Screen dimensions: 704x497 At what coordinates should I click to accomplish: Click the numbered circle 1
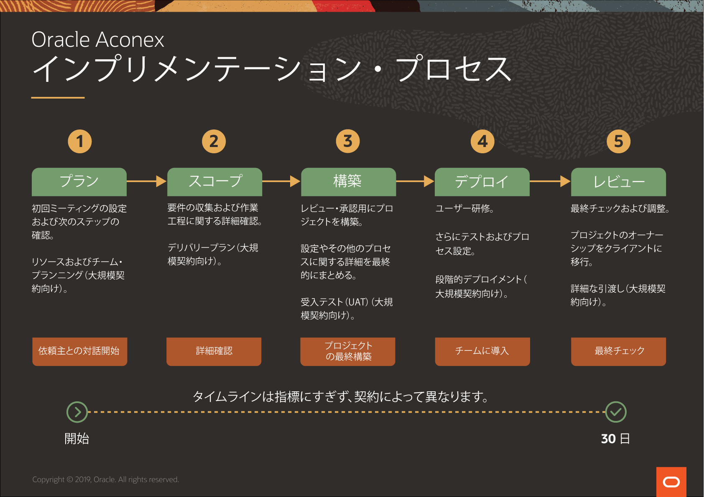(x=80, y=141)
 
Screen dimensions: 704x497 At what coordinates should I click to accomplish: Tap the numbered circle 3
(x=347, y=141)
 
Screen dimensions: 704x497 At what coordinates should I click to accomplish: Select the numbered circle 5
(x=618, y=141)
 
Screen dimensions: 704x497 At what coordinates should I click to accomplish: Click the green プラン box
(x=79, y=182)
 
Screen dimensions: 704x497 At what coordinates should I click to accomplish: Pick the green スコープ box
(x=214, y=182)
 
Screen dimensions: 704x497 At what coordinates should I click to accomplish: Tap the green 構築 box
(x=349, y=182)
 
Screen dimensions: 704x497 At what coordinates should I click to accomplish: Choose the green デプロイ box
(x=482, y=182)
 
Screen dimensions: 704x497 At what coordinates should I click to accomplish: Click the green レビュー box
(x=619, y=182)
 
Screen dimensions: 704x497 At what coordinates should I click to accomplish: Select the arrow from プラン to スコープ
(x=147, y=181)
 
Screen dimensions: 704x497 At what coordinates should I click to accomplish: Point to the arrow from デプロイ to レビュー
(x=550, y=181)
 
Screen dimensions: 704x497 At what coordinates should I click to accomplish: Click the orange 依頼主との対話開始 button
(x=80, y=351)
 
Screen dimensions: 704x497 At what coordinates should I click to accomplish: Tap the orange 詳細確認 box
(x=214, y=351)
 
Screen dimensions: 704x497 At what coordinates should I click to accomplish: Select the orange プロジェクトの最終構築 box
(x=347, y=351)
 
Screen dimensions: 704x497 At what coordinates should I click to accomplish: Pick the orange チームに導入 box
(x=482, y=351)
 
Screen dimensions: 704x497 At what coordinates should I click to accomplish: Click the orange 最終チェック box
(x=619, y=351)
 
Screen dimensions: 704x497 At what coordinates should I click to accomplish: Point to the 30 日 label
(x=615, y=439)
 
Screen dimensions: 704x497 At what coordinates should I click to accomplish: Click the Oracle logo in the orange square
(x=671, y=482)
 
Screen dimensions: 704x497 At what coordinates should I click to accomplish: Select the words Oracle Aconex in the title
(x=98, y=40)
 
